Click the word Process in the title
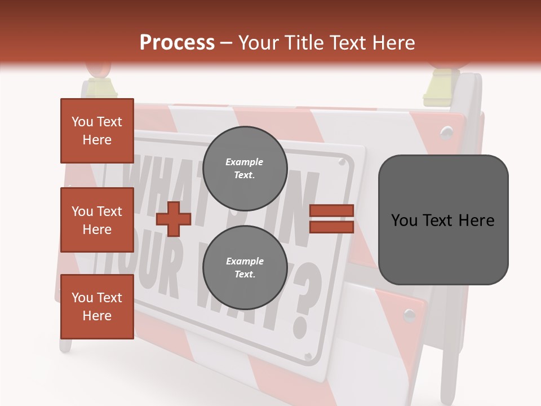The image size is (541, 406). pyautogui.click(x=177, y=43)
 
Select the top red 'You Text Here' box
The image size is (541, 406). pyautogui.click(x=97, y=131)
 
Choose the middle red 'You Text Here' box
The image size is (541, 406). pyautogui.click(x=97, y=220)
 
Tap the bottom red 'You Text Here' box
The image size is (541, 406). pyautogui.click(x=97, y=307)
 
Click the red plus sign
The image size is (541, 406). pyautogui.click(x=173, y=219)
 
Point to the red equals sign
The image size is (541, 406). pyautogui.click(x=332, y=219)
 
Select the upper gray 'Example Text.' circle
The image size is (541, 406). pyautogui.click(x=245, y=169)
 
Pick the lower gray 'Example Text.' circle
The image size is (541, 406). pyautogui.click(x=245, y=268)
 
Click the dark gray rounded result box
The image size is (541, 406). pyautogui.click(x=443, y=220)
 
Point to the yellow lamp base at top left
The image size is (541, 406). pyautogui.click(x=100, y=88)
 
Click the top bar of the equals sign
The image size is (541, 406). pyautogui.click(x=332, y=211)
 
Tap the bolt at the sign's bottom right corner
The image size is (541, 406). pyautogui.click(x=308, y=356)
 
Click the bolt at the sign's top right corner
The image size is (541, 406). pyautogui.click(x=342, y=162)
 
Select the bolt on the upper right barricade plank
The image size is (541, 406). pyautogui.click(x=447, y=132)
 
